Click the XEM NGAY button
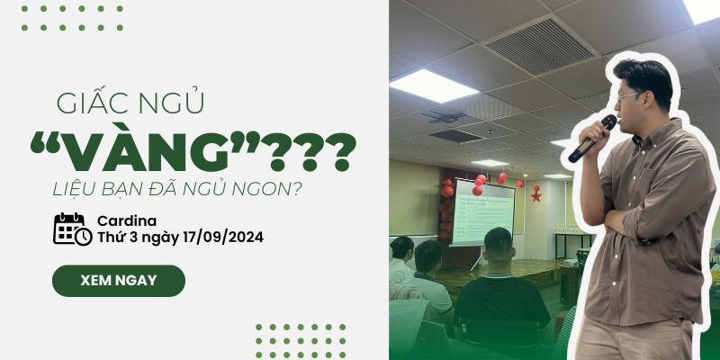[118, 280]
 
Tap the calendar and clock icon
[72, 229]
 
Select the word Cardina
[127, 220]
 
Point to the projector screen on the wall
[482, 211]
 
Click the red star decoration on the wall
[535, 193]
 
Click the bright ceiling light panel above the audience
[433, 86]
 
